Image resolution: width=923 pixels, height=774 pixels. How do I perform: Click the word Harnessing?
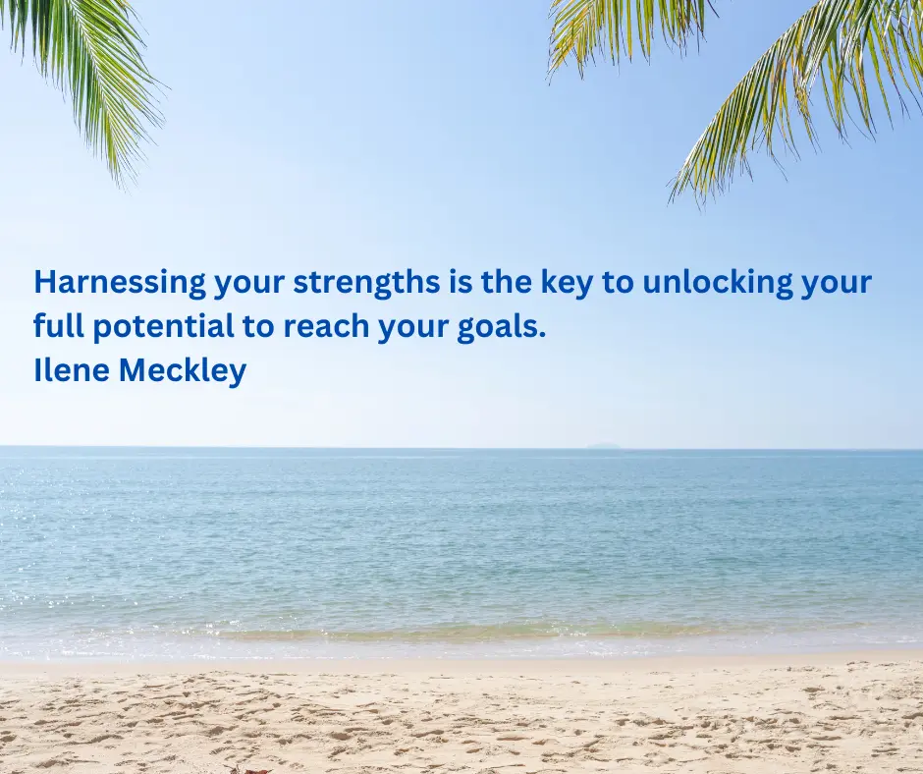[x=120, y=283]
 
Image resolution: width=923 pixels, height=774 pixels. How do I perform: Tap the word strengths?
[x=366, y=283]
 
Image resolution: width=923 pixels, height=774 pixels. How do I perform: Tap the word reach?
[x=326, y=325]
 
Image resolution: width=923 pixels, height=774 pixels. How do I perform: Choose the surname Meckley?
[x=183, y=371]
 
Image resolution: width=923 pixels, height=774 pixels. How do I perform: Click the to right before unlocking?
[x=617, y=283]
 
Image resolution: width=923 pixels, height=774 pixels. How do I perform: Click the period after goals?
[x=542, y=336]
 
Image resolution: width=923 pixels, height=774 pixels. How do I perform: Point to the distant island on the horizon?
[x=603, y=445]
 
